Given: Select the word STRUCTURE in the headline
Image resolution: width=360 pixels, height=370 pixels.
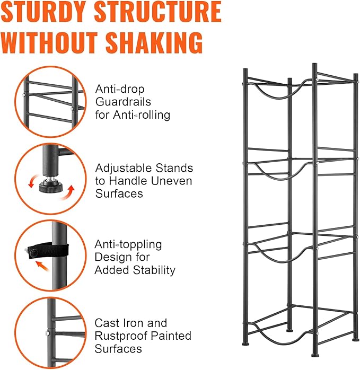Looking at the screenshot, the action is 157,12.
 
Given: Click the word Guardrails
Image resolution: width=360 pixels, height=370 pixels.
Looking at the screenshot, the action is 123,102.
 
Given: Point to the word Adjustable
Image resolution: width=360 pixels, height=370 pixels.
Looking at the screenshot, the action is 124,168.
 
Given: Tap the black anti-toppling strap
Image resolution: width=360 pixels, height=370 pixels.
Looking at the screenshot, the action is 48,251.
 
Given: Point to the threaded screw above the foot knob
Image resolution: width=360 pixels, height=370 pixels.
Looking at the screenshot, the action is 50,177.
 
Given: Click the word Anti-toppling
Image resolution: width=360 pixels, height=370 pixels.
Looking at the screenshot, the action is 128,245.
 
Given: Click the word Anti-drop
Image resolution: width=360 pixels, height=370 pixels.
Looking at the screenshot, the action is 120,90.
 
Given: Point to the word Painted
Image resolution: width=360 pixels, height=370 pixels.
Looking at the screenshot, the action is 171,336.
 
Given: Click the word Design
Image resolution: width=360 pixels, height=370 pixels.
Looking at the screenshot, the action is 111,257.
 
